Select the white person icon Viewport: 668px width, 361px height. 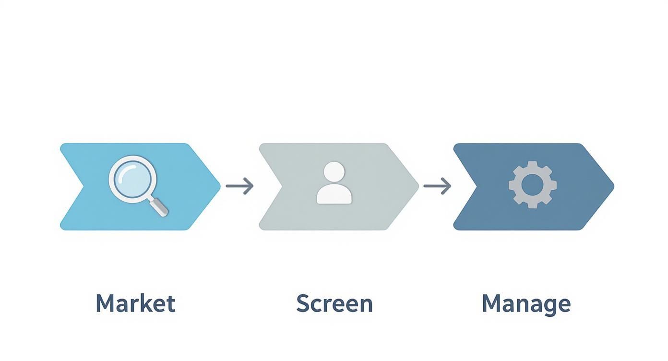(334, 183)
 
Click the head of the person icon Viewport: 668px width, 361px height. (334, 172)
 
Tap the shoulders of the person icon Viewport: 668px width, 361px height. (334, 194)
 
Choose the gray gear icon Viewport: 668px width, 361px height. (532, 185)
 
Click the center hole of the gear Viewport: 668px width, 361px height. (532, 185)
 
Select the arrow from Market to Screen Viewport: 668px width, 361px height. (240, 186)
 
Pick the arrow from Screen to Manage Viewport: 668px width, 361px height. (437, 186)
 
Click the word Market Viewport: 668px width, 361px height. (135, 303)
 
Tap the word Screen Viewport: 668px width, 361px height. (334, 303)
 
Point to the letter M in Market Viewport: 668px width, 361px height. (106, 303)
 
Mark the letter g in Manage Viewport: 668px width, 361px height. (546, 306)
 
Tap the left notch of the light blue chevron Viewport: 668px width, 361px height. (84, 186)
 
